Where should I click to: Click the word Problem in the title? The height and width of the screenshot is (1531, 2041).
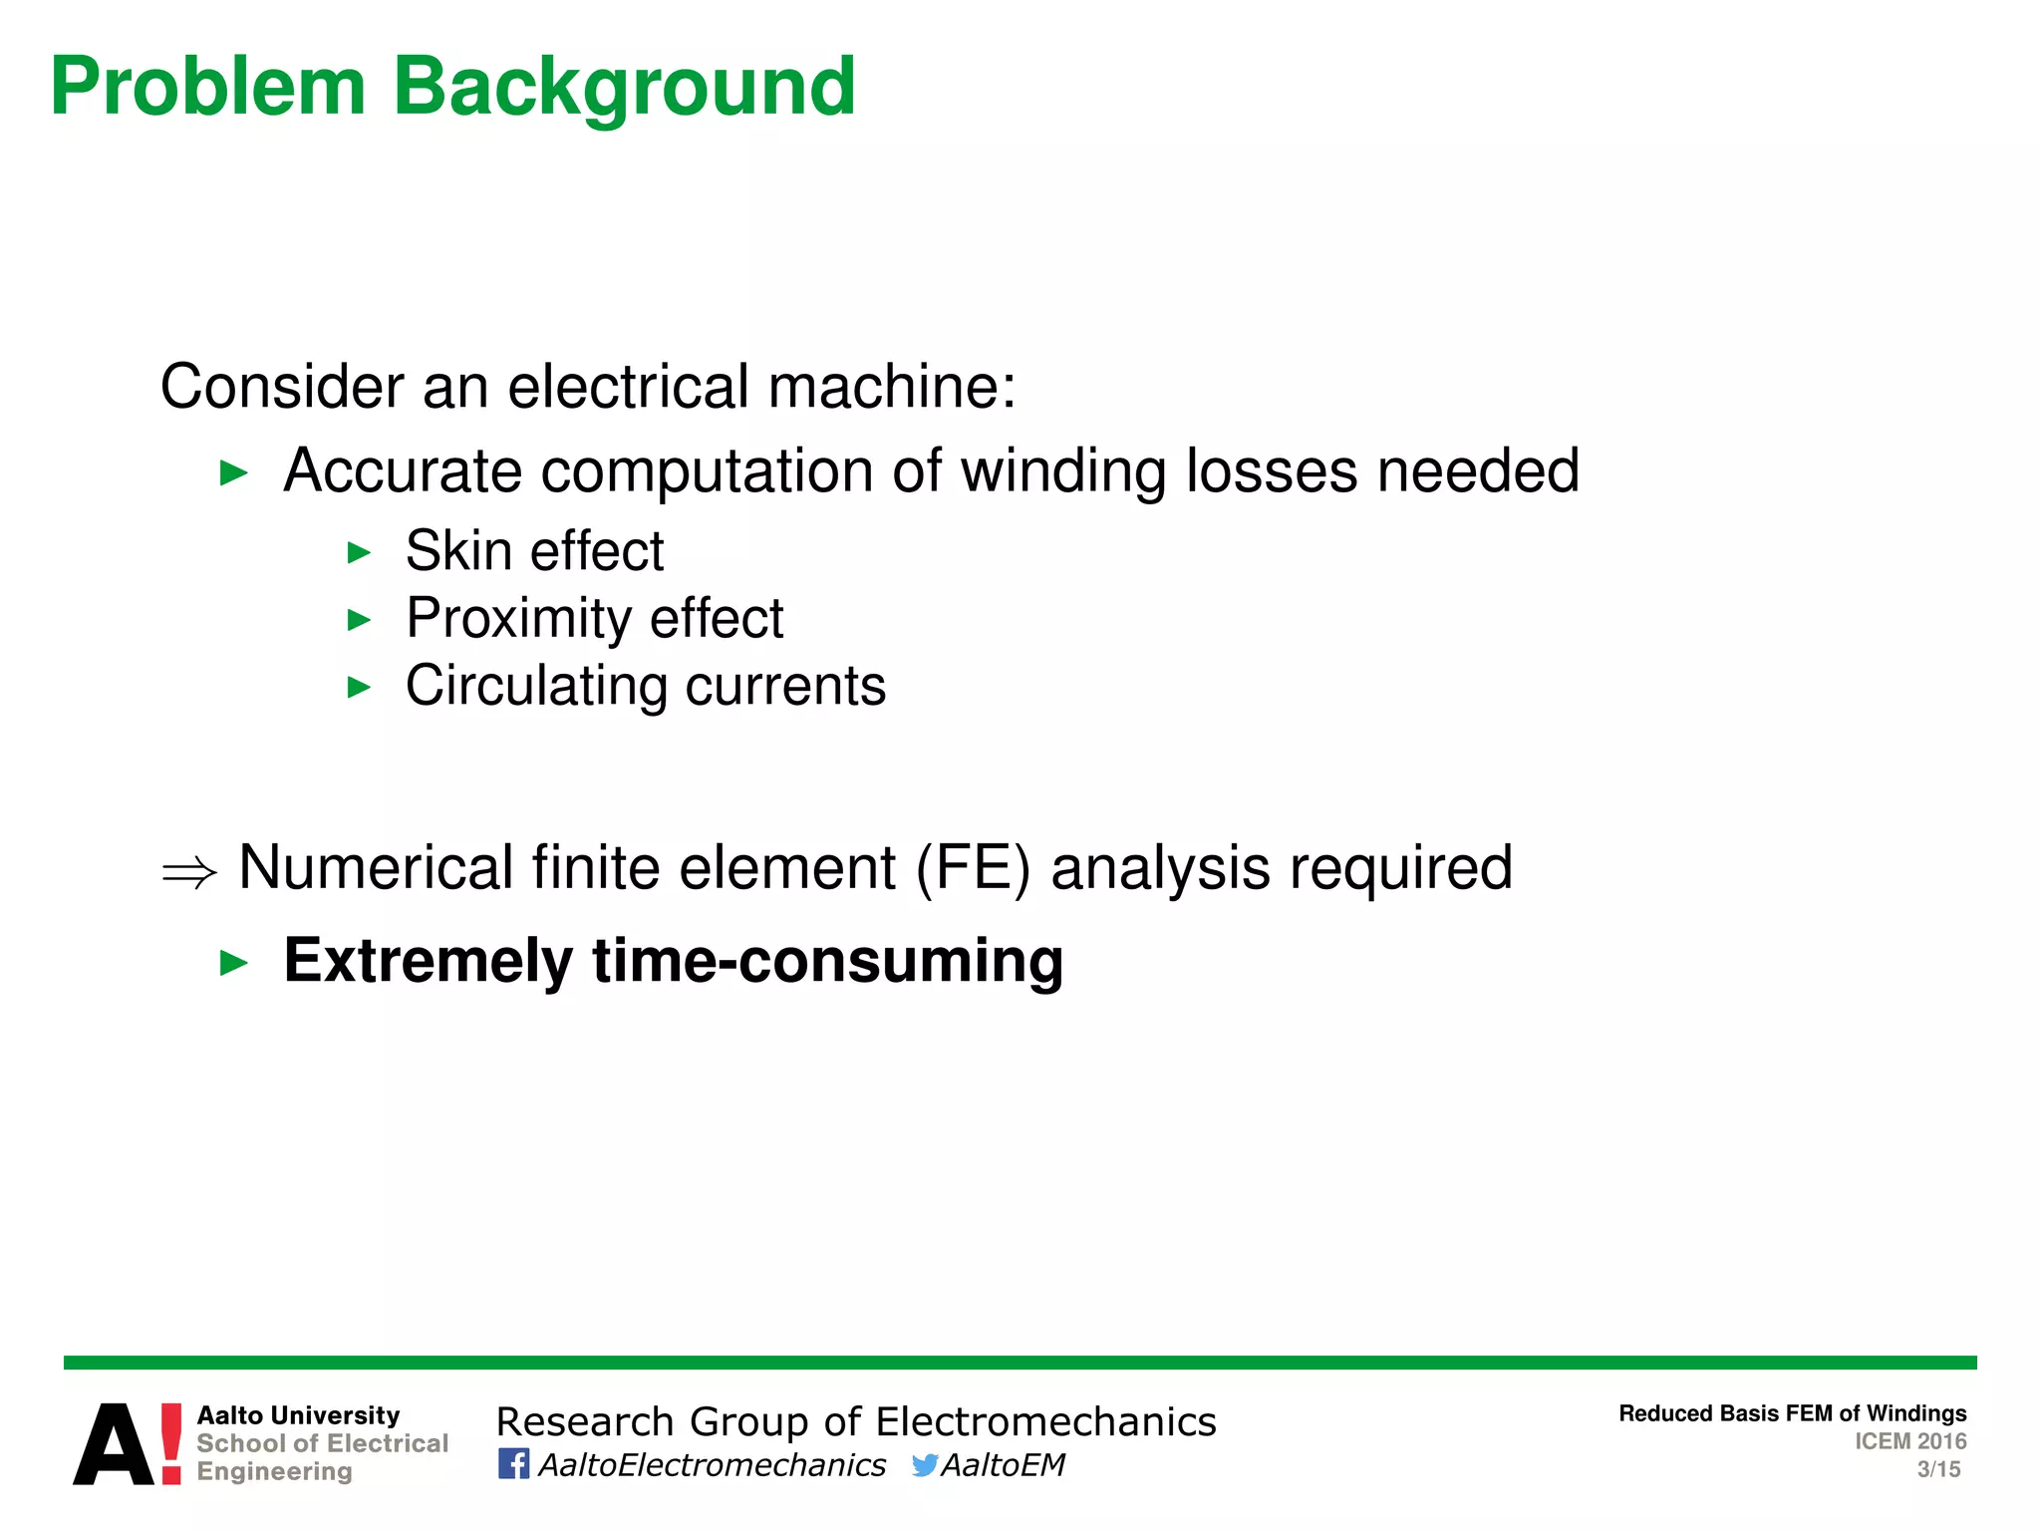point(208,88)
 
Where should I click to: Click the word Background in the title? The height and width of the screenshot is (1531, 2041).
point(624,88)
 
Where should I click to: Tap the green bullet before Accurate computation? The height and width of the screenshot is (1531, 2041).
point(233,472)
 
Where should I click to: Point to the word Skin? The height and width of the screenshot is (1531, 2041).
point(458,551)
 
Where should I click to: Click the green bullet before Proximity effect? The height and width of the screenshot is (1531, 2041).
point(359,620)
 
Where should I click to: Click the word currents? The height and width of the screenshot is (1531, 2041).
point(785,687)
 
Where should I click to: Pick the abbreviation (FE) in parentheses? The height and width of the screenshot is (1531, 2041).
point(973,868)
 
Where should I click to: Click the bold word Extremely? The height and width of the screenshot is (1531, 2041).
point(428,961)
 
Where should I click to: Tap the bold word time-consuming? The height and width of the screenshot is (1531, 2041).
point(827,961)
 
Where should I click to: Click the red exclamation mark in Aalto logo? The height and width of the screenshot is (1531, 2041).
point(171,1443)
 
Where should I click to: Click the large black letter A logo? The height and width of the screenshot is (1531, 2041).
point(114,1445)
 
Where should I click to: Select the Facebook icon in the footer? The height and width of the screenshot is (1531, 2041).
point(513,1464)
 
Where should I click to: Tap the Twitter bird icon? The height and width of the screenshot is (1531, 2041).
point(924,1465)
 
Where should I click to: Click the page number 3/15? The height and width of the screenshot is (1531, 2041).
point(1938,1469)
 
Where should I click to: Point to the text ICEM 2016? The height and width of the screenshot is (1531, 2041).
point(1909,1441)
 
